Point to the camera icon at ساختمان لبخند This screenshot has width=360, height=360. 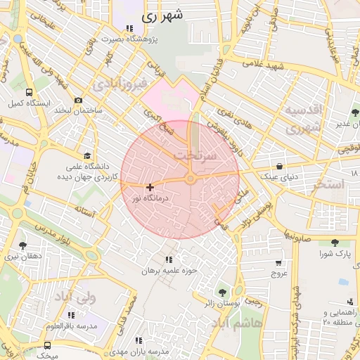pyautogui.click(x=78, y=100)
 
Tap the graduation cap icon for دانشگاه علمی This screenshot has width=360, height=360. pyautogui.click(x=87, y=156)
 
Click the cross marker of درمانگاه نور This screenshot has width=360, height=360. pyautogui.click(x=150, y=187)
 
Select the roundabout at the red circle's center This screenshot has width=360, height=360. pyautogui.click(x=191, y=179)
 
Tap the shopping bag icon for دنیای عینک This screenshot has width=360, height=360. pyautogui.click(x=281, y=167)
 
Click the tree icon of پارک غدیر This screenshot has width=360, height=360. pyautogui.click(x=354, y=112)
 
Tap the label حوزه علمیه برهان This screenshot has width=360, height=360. pyautogui.click(x=167, y=270)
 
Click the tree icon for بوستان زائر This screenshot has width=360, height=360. pyautogui.click(x=223, y=292)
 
